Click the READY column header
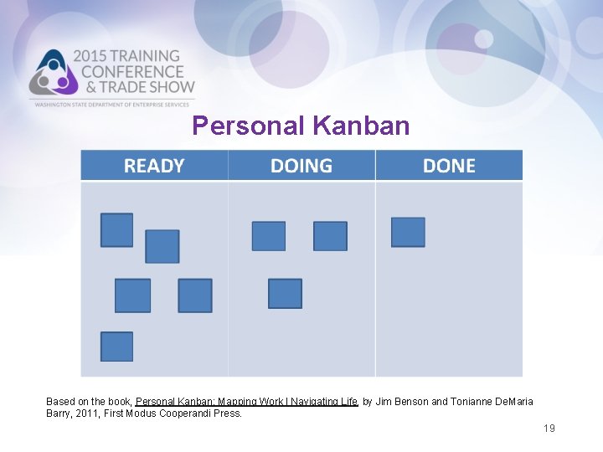[154, 166]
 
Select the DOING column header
[301, 166]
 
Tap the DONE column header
[449, 166]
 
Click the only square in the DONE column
[408, 232]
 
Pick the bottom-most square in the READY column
[116, 347]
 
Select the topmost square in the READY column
[116, 229]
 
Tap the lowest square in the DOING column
[285, 294]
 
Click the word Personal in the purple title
[248, 126]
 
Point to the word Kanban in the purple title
[361, 126]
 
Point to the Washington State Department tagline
[113, 104]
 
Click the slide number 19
[549, 429]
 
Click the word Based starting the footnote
[61, 402]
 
